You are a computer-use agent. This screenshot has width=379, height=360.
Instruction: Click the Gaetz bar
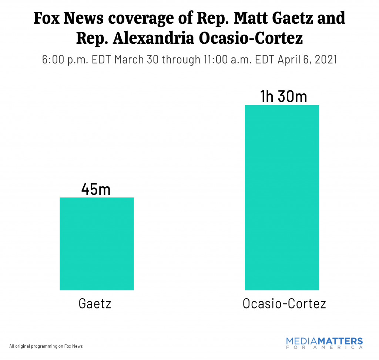click(97, 243)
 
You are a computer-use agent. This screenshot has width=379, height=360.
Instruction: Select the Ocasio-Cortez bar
click(282, 197)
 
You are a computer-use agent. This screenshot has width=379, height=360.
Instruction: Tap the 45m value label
click(96, 189)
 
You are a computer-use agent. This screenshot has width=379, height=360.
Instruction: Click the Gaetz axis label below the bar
click(95, 304)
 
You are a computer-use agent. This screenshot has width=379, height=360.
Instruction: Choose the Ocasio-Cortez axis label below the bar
click(284, 304)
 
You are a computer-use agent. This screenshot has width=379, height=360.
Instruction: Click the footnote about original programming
click(46, 346)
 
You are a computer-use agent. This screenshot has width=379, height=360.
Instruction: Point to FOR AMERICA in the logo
click(325, 348)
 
